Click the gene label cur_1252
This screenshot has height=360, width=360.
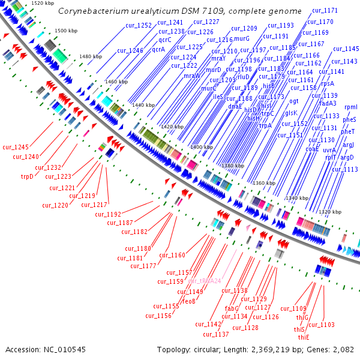139,25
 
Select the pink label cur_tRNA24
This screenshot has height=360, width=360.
205,281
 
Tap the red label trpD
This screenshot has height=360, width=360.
28,176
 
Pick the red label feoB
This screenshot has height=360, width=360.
189,301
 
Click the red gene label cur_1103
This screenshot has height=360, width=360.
322,325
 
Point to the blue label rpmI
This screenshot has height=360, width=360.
351,107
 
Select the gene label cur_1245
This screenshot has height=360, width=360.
16,147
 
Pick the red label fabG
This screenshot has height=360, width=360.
232,308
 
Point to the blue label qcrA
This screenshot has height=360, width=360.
158,50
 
